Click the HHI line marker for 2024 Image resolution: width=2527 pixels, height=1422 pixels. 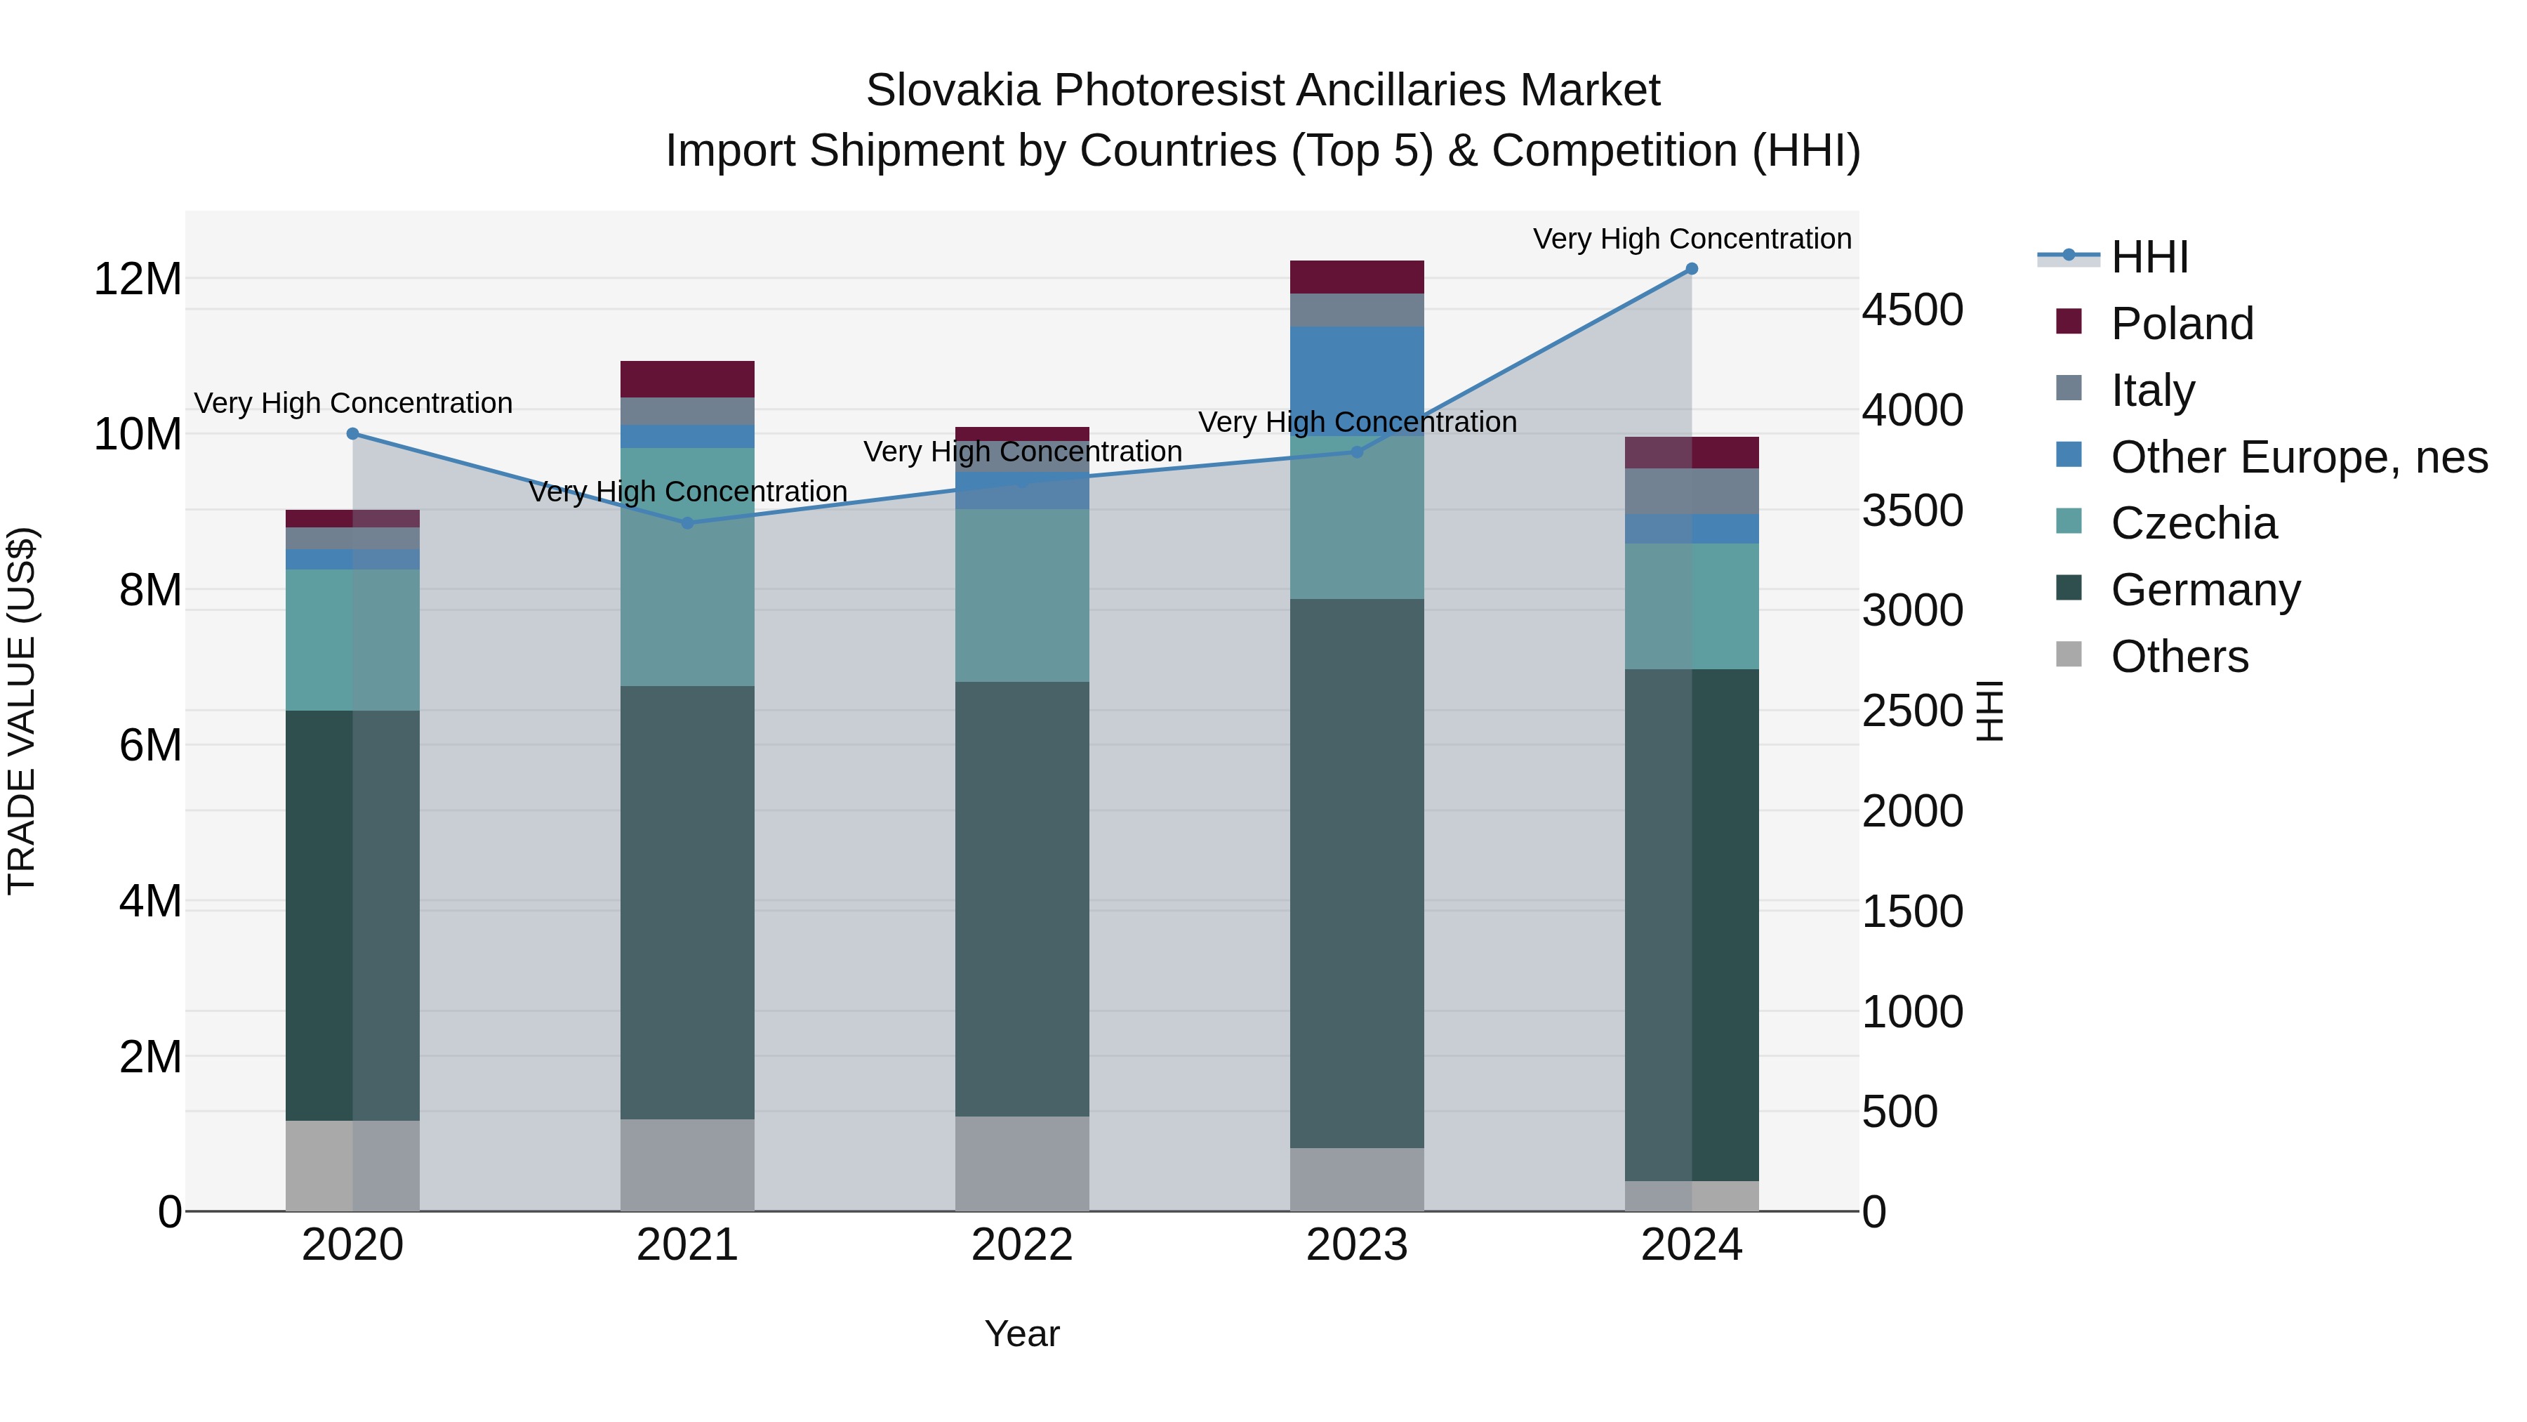coord(1691,269)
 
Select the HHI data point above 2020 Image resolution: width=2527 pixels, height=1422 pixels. coord(353,434)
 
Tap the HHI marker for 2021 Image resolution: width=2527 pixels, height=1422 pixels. coord(688,523)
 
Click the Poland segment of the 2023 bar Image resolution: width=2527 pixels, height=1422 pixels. coord(1357,277)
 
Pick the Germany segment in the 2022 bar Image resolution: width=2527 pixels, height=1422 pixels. coord(1022,898)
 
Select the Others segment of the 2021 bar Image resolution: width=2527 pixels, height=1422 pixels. coord(688,1165)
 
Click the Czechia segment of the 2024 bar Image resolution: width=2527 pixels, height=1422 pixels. coord(1691,607)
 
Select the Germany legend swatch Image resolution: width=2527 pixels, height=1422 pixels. coord(2068,589)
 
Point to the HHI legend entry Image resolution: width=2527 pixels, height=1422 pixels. coord(2149,257)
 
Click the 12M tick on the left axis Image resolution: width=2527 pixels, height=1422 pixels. coord(138,279)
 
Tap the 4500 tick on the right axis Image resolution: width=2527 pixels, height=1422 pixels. coord(1912,310)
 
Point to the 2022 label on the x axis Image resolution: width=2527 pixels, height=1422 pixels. coord(1022,1245)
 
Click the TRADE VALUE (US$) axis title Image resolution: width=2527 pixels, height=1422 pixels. coord(22,711)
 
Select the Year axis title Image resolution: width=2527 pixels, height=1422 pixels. coord(1022,1334)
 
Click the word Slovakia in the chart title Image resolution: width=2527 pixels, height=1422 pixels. coord(952,91)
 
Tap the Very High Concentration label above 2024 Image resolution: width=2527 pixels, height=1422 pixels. coord(1691,239)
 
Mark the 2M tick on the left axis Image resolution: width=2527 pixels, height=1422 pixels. coord(150,1057)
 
